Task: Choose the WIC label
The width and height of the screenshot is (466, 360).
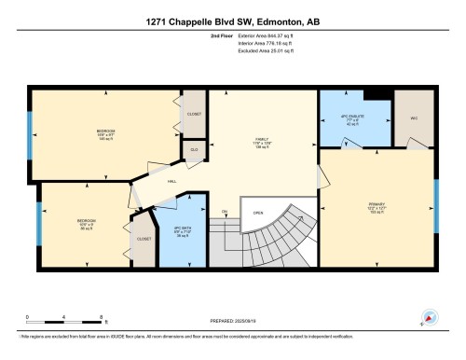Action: tap(412, 118)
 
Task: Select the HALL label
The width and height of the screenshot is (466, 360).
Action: tap(172, 183)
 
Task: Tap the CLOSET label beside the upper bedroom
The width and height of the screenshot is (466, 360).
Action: tap(194, 114)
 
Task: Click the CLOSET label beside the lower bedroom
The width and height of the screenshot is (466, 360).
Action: tap(144, 239)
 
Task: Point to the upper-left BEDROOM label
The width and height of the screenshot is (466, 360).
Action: tap(105, 131)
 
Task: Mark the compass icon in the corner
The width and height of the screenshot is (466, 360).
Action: tap(430, 316)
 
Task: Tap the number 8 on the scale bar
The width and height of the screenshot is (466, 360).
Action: tap(101, 316)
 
